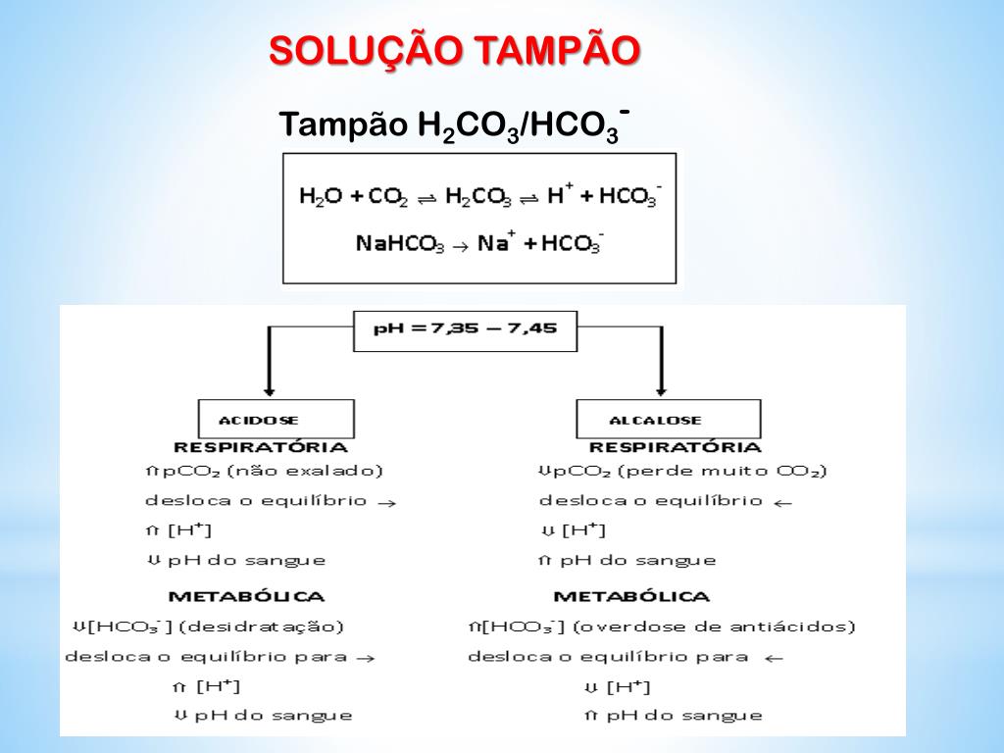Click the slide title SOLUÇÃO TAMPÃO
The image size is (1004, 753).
(455, 50)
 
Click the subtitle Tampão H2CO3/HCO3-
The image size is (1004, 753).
(453, 125)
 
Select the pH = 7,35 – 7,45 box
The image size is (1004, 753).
(465, 329)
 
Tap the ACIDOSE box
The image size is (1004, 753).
(259, 420)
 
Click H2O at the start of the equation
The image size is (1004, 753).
(320, 196)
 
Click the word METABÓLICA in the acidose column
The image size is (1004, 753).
(246, 596)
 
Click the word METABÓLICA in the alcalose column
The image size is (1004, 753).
(631, 596)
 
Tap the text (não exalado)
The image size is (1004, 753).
(305, 472)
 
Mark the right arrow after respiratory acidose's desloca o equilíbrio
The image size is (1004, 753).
(386, 502)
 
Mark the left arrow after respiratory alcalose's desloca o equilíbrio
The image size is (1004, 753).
(782, 502)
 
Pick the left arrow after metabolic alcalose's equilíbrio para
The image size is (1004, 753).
(775, 658)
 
